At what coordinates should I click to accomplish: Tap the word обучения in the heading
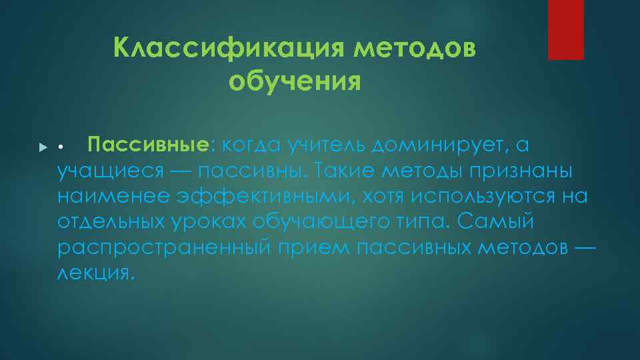[294, 82]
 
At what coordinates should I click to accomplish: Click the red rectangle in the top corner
[565, 29]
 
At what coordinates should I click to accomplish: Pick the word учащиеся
[110, 171]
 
